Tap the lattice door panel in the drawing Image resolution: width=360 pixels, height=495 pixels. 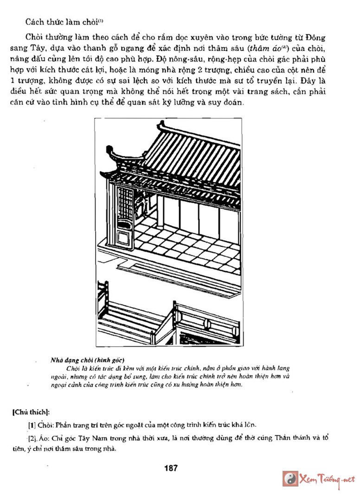[125, 203]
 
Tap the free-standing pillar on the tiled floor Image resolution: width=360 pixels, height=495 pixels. [160, 210]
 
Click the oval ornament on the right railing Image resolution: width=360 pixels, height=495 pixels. [208, 324]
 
